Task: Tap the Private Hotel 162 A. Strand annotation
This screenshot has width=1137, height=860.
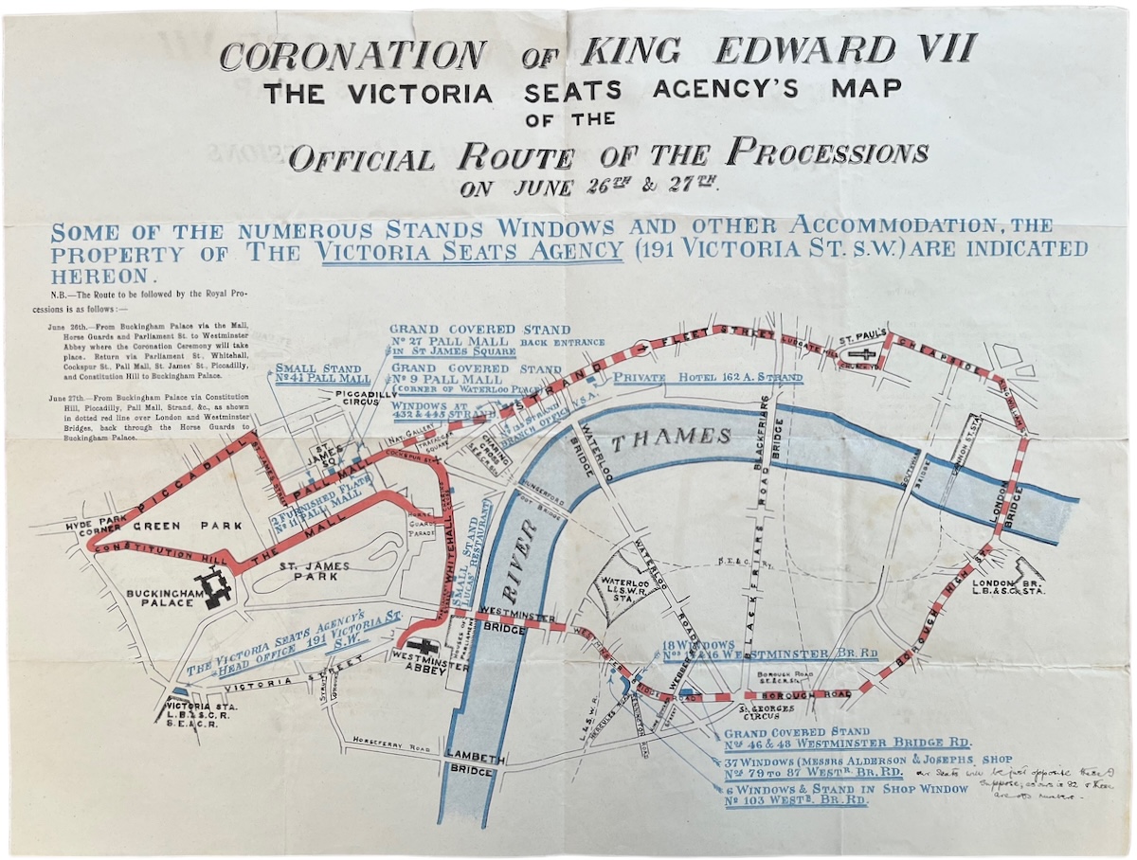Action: tap(708, 377)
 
